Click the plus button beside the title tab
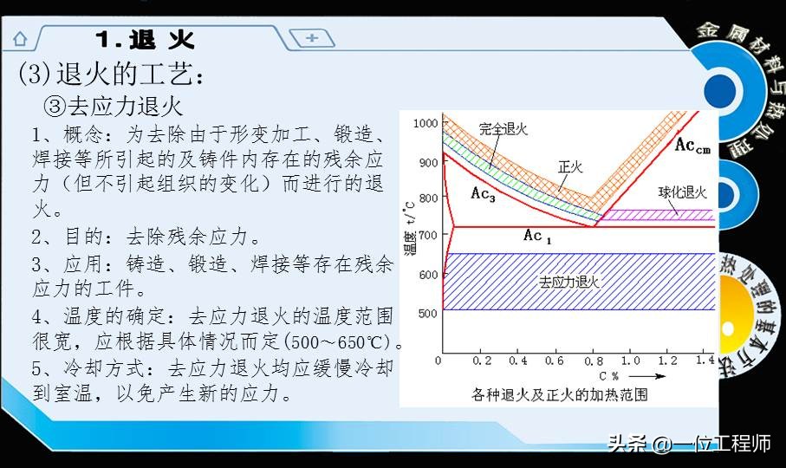[x=312, y=37]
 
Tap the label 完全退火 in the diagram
[x=503, y=129]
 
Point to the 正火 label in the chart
[x=570, y=166]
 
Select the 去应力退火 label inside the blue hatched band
[x=569, y=282]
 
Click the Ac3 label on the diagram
[x=483, y=193]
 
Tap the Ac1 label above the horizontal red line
[x=537, y=236]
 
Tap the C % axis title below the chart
[x=608, y=376]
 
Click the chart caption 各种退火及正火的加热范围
[x=560, y=394]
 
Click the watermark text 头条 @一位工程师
[x=689, y=445]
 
